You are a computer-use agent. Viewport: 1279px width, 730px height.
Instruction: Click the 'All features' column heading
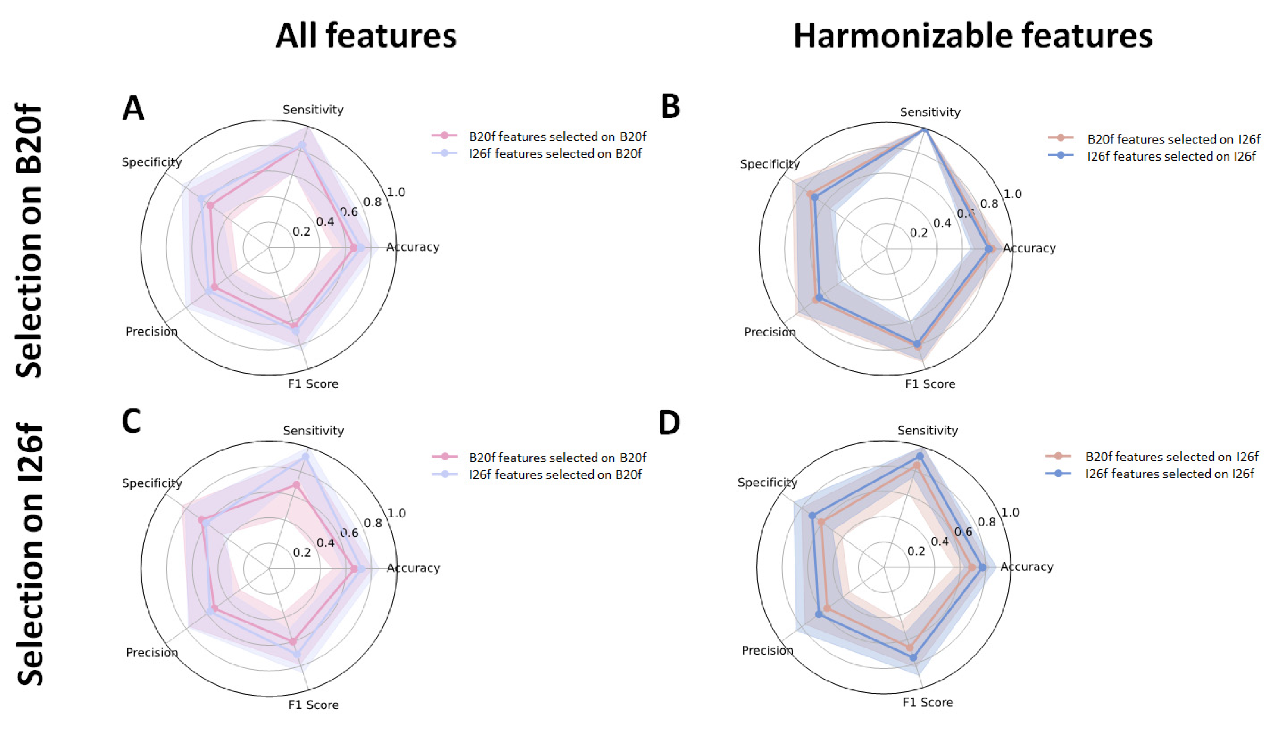[x=366, y=36]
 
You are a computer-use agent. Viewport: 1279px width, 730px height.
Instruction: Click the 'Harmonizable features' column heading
[x=972, y=36]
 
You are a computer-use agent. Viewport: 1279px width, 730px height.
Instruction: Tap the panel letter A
[x=133, y=108]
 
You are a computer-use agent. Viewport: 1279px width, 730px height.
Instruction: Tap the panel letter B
[x=670, y=106]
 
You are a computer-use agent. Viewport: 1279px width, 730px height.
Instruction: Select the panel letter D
[x=669, y=423]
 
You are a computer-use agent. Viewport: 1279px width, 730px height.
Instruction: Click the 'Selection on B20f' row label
[x=29, y=240]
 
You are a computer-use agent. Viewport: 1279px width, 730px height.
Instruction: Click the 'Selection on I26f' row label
[x=30, y=554]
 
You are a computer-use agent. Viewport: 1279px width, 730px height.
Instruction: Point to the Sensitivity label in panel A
[x=313, y=110]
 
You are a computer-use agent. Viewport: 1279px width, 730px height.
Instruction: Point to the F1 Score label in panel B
[x=930, y=384]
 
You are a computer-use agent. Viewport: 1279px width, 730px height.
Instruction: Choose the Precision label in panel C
[x=152, y=652]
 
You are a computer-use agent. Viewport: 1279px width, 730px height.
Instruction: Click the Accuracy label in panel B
[x=1029, y=248]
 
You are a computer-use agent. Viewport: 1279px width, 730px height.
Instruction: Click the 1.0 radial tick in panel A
[x=396, y=193]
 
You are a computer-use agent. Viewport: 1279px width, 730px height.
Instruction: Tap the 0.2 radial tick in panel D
[x=916, y=551]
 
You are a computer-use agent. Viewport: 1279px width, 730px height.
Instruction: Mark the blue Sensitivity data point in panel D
[x=919, y=456]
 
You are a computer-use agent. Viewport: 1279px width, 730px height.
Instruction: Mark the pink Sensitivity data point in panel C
[x=296, y=485]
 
